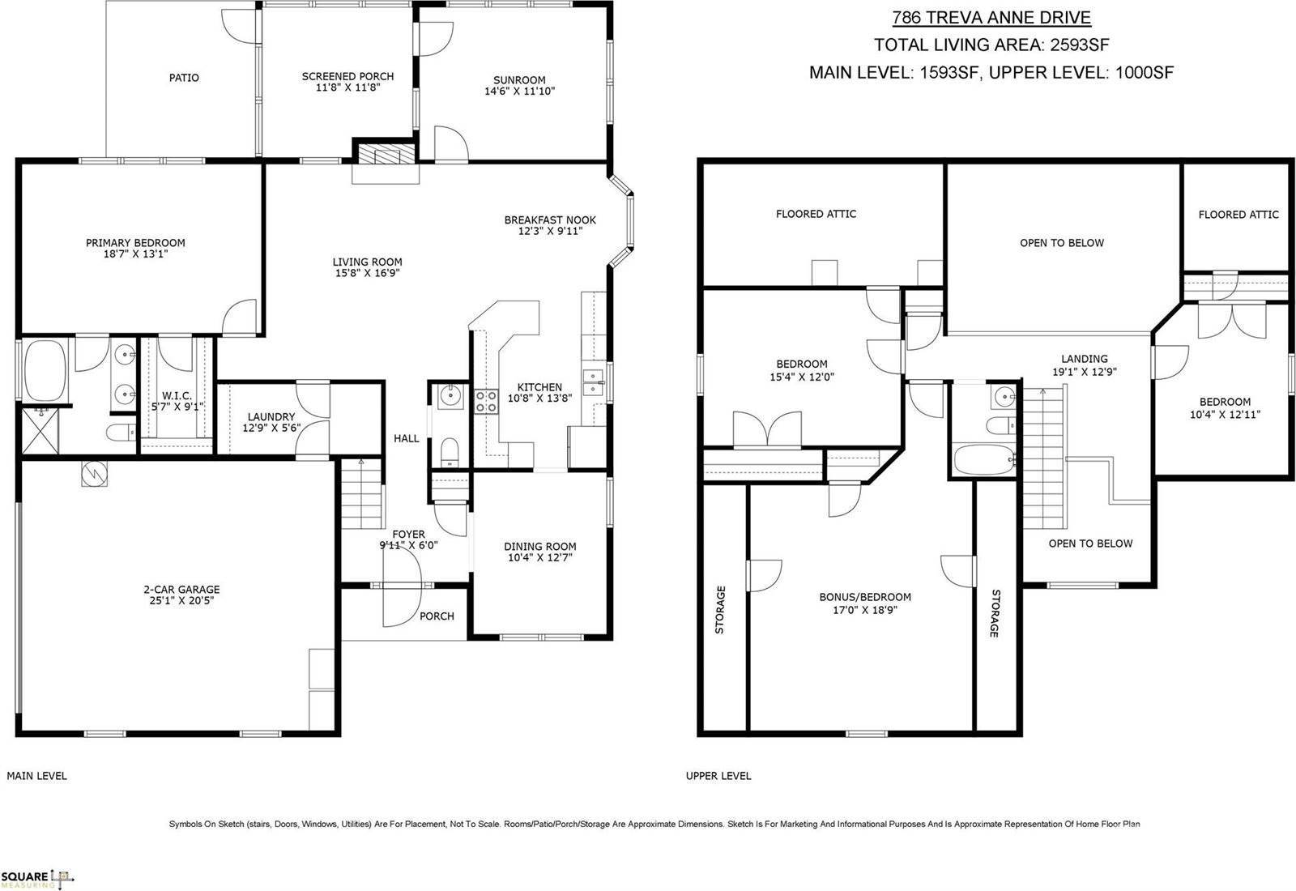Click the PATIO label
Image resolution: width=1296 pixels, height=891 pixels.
[184, 78]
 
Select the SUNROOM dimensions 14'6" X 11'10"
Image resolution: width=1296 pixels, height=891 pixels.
[519, 92]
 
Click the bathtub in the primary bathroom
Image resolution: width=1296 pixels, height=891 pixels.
[48, 370]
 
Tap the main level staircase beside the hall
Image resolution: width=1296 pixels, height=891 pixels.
[360, 495]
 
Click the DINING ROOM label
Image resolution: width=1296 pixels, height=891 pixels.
[539, 547]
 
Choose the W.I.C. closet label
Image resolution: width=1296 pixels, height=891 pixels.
[176, 395]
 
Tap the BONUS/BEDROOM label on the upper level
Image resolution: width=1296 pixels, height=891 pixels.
[864, 597]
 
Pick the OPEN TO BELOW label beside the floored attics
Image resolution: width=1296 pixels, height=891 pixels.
[1061, 243]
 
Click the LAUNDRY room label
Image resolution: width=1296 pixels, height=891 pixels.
[271, 417]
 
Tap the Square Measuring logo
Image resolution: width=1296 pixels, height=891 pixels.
[37, 878]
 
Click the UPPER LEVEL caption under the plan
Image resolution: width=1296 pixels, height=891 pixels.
[718, 776]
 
